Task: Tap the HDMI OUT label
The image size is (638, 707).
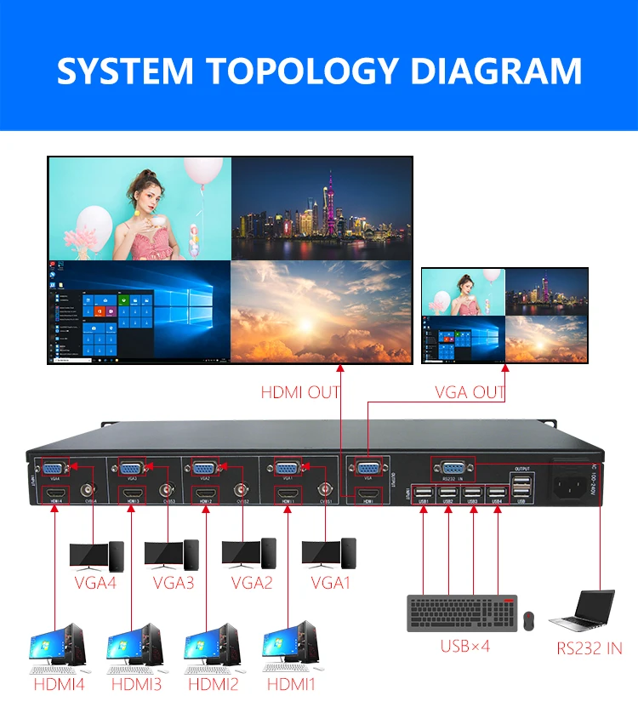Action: [299, 392]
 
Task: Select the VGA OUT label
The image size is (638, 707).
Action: [470, 392]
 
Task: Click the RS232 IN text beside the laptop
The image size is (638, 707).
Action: [590, 648]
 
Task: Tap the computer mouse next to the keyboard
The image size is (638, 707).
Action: [528, 620]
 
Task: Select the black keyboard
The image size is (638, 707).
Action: [461, 612]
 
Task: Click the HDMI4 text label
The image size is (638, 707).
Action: [59, 683]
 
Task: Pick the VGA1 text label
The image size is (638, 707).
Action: [329, 584]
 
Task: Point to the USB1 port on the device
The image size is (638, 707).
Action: [423, 492]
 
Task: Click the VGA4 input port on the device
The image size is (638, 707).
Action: [53, 469]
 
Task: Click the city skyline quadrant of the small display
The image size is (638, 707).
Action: [546, 292]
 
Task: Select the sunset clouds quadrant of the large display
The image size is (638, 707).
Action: [321, 311]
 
